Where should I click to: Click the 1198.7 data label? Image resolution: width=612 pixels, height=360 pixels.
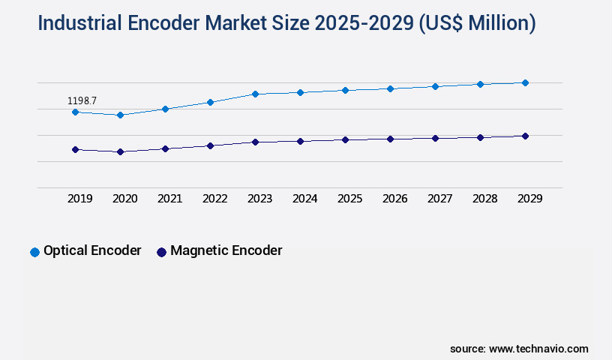click(82, 100)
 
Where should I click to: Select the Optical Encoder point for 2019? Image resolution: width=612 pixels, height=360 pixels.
click(75, 112)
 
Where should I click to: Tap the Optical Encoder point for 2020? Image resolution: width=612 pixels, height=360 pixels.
click(120, 115)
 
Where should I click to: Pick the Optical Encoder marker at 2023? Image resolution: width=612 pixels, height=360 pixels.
click(255, 94)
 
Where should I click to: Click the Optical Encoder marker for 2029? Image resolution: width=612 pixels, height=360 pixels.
click(525, 82)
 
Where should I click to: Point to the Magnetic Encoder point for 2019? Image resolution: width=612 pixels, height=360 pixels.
click(75, 150)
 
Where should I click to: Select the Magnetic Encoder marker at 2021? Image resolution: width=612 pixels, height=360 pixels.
click(165, 148)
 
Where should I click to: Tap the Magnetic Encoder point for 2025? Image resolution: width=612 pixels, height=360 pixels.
click(345, 139)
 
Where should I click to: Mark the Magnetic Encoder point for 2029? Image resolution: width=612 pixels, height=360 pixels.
click(525, 136)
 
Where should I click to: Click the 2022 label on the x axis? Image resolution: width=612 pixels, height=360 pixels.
click(214, 199)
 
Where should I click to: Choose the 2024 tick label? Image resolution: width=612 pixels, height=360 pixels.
click(304, 199)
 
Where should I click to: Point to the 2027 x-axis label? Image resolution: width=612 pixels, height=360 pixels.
click(439, 199)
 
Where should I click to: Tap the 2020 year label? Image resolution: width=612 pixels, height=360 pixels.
click(124, 199)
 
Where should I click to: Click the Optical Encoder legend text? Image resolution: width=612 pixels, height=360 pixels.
click(92, 251)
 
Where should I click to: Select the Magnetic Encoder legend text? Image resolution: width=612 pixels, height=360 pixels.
click(226, 251)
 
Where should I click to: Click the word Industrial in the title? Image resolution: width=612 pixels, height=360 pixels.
click(82, 23)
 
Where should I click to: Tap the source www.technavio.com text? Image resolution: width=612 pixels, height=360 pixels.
click(519, 349)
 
